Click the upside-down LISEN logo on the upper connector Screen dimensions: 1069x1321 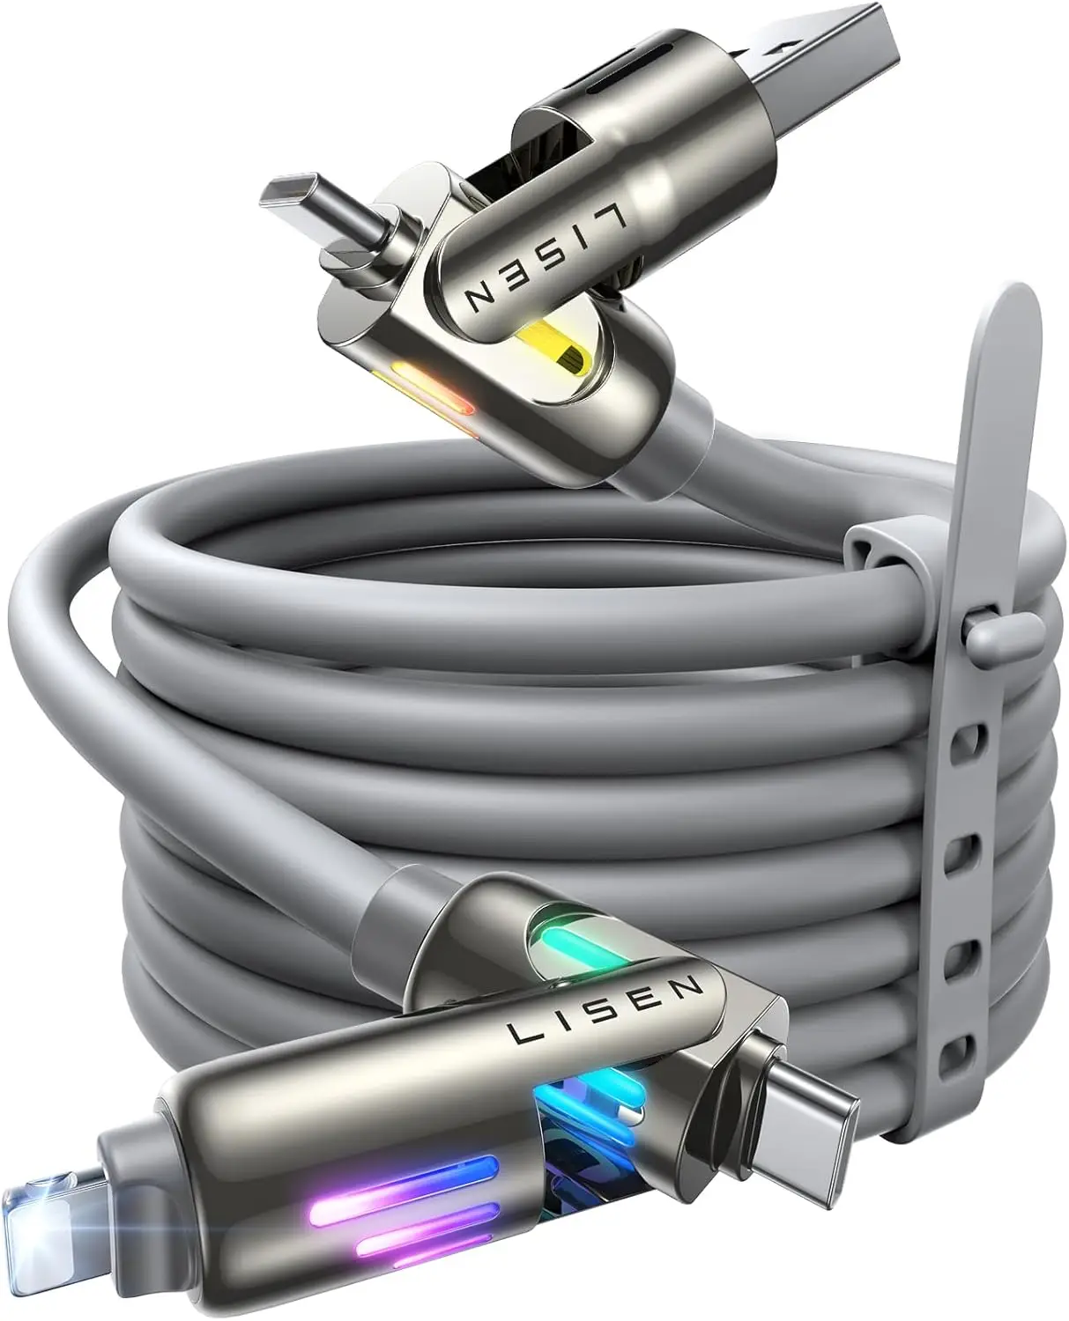[546, 257]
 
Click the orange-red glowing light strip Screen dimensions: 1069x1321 [422, 387]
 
